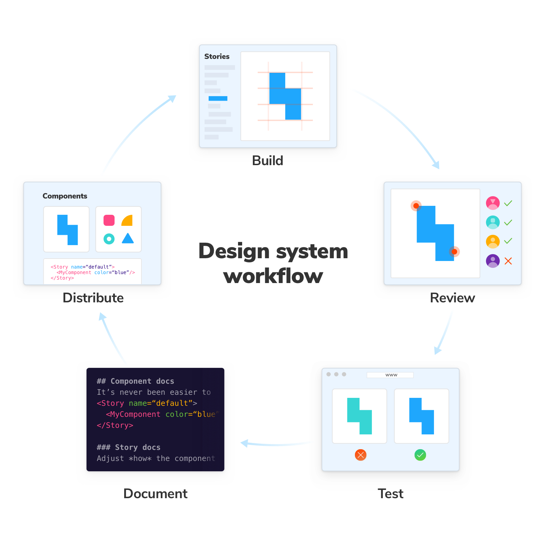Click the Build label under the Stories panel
pos(267,161)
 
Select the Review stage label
pos(452,298)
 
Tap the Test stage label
pos(390,494)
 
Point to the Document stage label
pos(155,494)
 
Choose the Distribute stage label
pos(93,298)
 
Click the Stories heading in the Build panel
pos(217,56)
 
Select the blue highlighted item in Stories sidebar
pos(218,99)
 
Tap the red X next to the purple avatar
pos(508,261)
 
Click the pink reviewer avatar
pos(493,203)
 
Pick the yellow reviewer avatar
pos(493,241)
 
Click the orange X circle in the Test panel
pos(360,455)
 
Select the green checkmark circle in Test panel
pos(420,455)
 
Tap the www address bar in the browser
pos(390,375)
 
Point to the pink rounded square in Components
pos(109,220)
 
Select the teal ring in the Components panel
pos(109,239)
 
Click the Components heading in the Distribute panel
pos(65,196)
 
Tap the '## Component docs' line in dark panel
pos(135,381)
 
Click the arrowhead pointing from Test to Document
pos(245,443)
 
